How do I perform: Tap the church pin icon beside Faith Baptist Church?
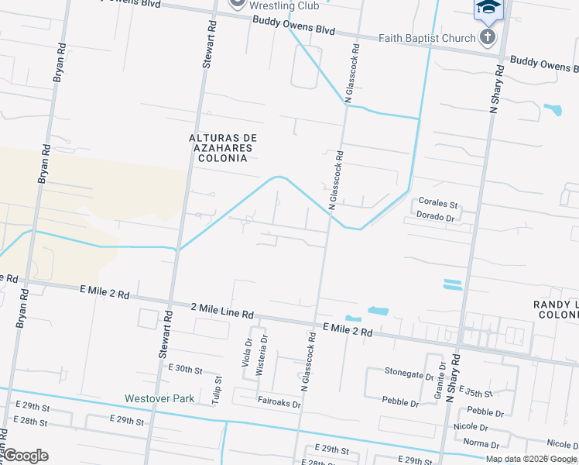[x=488, y=37]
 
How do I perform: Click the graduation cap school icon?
[x=488, y=8]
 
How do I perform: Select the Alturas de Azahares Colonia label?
[x=222, y=148]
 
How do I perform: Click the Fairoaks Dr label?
[x=279, y=402]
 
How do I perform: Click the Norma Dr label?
[x=481, y=444]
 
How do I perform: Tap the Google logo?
[x=26, y=456]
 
